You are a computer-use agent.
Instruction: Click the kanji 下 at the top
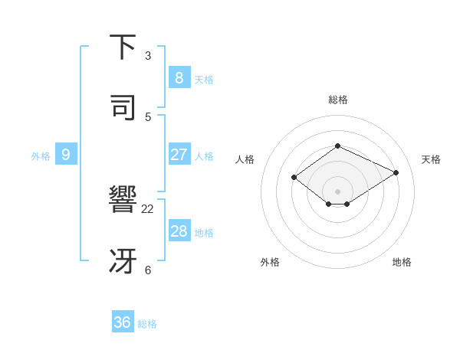tap(123, 47)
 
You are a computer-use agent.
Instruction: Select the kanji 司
tap(123, 108)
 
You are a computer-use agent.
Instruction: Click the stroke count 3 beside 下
tap(148, 56)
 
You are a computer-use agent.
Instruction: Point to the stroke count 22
tap(148, 209)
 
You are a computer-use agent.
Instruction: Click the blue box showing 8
tap(179, 77)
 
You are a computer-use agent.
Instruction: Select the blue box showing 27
tap(179, 155)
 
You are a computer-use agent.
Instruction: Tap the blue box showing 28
tap(179, 231)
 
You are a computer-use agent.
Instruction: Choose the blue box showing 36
tap(123, 322)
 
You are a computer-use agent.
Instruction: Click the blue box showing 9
tap(66, 155)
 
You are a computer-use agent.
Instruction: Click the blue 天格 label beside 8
tap(204, 79)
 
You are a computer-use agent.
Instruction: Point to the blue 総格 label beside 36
tap(148, 324)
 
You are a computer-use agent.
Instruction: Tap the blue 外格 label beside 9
tap(41, 156)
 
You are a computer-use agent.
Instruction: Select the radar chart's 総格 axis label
tap(338, 100)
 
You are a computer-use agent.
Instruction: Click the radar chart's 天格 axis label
tap(432, 159)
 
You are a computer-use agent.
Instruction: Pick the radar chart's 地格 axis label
tap(402, 262)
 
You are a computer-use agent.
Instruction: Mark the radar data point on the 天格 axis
tap(396, 172)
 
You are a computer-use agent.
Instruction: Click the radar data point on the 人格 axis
tap(294, 177)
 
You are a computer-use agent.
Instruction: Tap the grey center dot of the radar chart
tap(338, 191)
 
